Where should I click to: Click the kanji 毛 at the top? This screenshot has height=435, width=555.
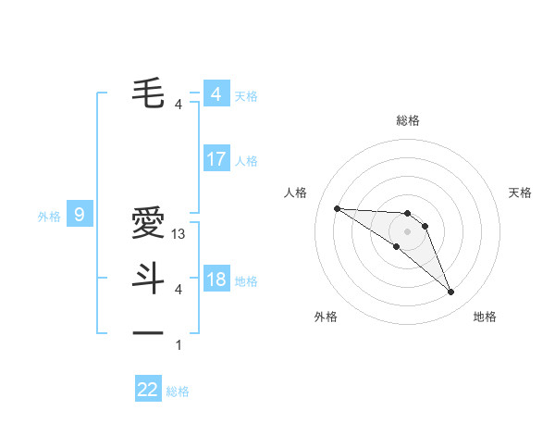pos(147,92)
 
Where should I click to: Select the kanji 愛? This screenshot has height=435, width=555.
pos(147,223)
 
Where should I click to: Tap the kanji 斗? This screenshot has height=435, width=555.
pos(147,277)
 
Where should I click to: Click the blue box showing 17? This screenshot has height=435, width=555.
pos(216,159)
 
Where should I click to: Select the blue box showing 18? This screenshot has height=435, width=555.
pos(216,280)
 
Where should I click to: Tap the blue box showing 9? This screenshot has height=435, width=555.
pos(80,216)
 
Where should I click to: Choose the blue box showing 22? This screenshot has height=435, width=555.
pos(148,390)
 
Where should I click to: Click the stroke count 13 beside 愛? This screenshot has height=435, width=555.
pos(179,235)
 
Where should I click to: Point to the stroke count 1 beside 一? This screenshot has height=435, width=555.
pos(179,345)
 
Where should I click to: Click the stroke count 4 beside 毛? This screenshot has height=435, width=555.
pos(179,105)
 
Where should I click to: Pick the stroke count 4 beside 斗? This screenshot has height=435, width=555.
pos(179,290)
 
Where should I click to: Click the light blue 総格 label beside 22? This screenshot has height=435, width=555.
pos(178,391)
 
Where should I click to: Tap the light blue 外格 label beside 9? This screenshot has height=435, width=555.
pos(49,217)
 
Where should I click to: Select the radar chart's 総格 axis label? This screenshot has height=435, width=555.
pos(407,120)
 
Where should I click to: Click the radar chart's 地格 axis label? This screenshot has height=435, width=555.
pos(485,317)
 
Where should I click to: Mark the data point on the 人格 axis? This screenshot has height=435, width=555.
pos(337,208)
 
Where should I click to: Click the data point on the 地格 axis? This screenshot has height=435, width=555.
pos(451,292)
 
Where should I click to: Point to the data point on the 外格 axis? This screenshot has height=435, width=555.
pos(397,246)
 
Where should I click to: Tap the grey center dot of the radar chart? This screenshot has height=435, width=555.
pos(407,230)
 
